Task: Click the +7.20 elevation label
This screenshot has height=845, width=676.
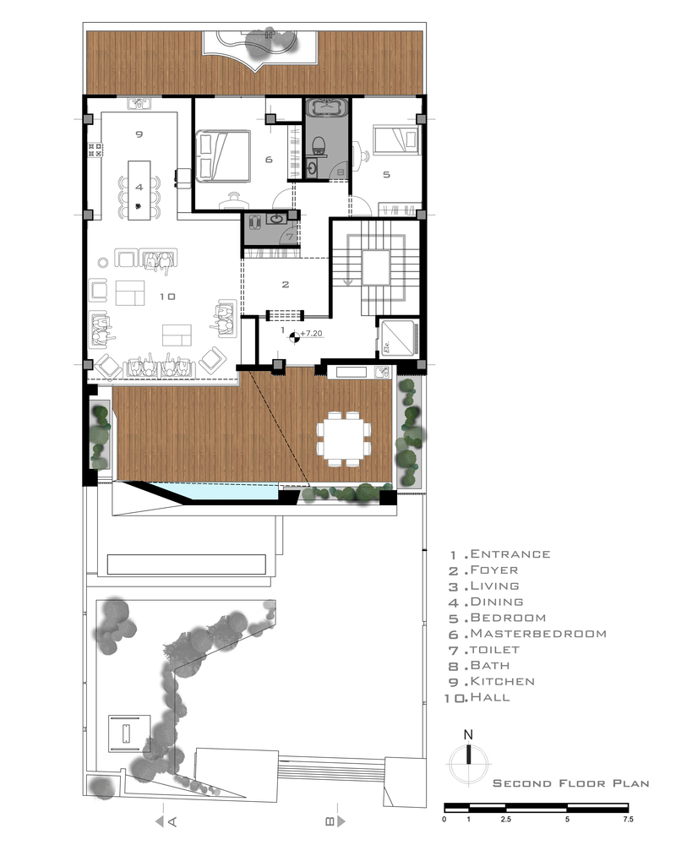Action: [312, 334]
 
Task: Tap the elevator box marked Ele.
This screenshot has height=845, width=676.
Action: [398, 339]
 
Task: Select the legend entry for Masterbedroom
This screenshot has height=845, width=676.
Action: [528, 634]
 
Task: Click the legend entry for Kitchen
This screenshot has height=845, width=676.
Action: [492, 682]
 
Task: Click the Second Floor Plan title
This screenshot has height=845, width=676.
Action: [571, 783]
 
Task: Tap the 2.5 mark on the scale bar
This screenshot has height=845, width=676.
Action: [505, 820]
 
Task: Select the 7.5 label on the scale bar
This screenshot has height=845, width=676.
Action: [628, 820]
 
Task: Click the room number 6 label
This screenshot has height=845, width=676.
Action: [269, 160]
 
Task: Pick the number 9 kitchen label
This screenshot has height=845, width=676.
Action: [139, 134]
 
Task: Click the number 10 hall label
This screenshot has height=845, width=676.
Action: [167, 297]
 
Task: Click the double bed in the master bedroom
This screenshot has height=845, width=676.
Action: [222, 155]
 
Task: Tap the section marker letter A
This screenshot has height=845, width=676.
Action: [172, 822]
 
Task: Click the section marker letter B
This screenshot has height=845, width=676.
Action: [330, 822]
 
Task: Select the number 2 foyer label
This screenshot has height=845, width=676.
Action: [286, 285]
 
